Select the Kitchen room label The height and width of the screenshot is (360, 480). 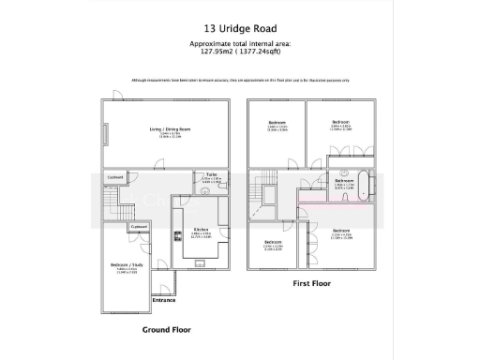pos(200,230)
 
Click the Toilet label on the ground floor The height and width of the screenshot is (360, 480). pos(212,174)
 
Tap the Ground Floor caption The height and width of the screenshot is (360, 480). pos(166,330)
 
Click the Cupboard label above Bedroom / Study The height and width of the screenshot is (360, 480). pos(139,227)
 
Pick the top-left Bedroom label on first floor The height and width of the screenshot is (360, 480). pos(277,124)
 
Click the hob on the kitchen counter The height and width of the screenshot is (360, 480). pos(176,237)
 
